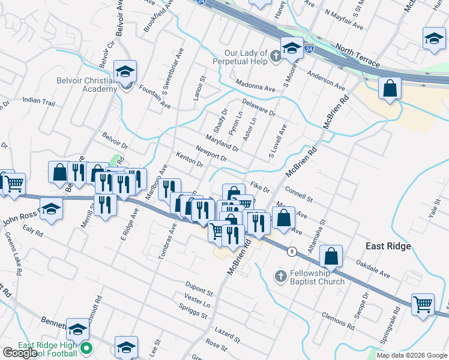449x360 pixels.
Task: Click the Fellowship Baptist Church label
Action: click(x=317, y=277)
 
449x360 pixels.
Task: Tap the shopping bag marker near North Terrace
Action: click(x=390, y=88)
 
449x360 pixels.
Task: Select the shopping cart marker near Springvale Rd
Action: click(x=423, y=304)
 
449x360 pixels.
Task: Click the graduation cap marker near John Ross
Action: click(x=52, y=209)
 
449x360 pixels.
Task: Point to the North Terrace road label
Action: click(x=358, y=55)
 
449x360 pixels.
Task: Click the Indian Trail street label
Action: click(x=38, y=103)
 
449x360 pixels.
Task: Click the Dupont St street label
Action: click(x=199, y=292)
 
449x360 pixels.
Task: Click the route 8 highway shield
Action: click(x=291, y=251)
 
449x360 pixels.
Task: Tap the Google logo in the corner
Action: click(x=19, y=353)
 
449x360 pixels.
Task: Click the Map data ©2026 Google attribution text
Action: click(x=412, y=355)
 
